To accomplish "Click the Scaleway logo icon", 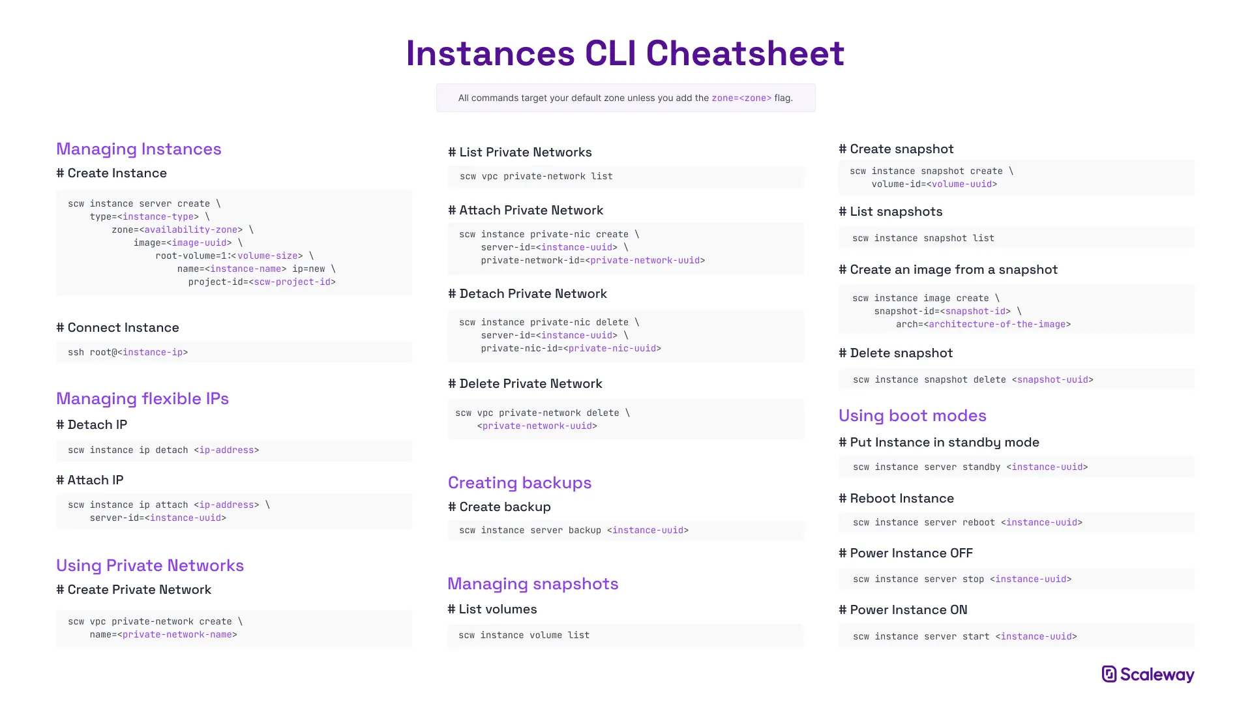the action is pos(1109,674).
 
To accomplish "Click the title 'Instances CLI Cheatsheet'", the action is pos(625,53).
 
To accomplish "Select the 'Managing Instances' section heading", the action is pos(139,149).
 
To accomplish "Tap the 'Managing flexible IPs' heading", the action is pos(142,398).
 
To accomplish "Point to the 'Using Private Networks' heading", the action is pos(150,565).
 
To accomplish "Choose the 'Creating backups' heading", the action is pos(520,482).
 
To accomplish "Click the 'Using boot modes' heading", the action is pos(912,415).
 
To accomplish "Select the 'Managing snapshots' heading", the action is pos(533,583).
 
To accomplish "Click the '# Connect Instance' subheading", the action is pos(117,327).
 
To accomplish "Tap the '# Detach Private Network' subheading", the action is pos(528,293).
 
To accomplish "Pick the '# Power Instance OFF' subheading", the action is pos(906,553).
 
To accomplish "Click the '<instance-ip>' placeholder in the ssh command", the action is pos(153,352).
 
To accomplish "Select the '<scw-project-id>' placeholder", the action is pos(292,282).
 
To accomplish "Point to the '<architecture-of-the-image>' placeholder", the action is pos(997,324).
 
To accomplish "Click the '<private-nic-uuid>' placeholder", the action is pos(612,348).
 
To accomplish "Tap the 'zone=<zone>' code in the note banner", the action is pos(741,98).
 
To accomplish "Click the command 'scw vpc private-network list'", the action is pos(536,176).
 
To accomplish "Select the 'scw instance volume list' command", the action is pos(524,635).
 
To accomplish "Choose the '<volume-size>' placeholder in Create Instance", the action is pos(267,256).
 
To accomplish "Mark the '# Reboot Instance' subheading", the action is pos(896,498).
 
